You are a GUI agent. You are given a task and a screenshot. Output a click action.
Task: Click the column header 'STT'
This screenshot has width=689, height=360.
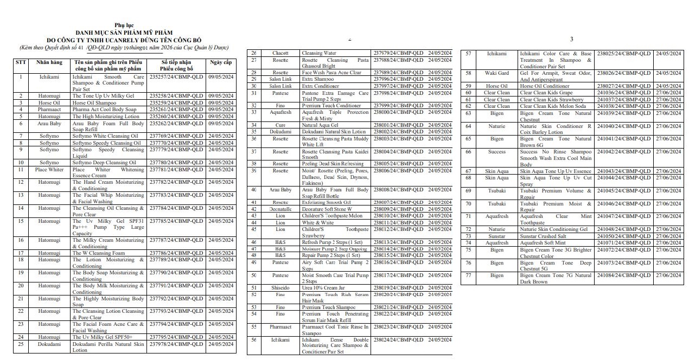click(21, 63)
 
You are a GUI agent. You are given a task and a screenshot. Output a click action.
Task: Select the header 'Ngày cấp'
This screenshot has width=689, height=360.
click(221, 63)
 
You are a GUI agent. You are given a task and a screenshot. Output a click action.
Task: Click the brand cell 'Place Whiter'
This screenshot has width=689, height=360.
click(49, 170)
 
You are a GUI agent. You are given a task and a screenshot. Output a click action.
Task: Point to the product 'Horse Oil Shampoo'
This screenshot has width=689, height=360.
click(94, 103)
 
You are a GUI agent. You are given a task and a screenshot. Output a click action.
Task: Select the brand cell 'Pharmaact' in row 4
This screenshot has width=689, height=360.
click(49, 110)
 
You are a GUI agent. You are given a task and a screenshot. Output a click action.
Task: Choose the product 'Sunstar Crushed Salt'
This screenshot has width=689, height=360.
click(546, 236)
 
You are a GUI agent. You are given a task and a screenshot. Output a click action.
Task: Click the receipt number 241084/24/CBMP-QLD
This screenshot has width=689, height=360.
click(624, 275)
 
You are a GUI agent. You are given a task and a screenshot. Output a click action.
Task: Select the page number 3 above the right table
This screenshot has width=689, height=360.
click(571, 39)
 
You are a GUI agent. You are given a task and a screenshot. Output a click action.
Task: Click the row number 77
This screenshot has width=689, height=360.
click(468, 275)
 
